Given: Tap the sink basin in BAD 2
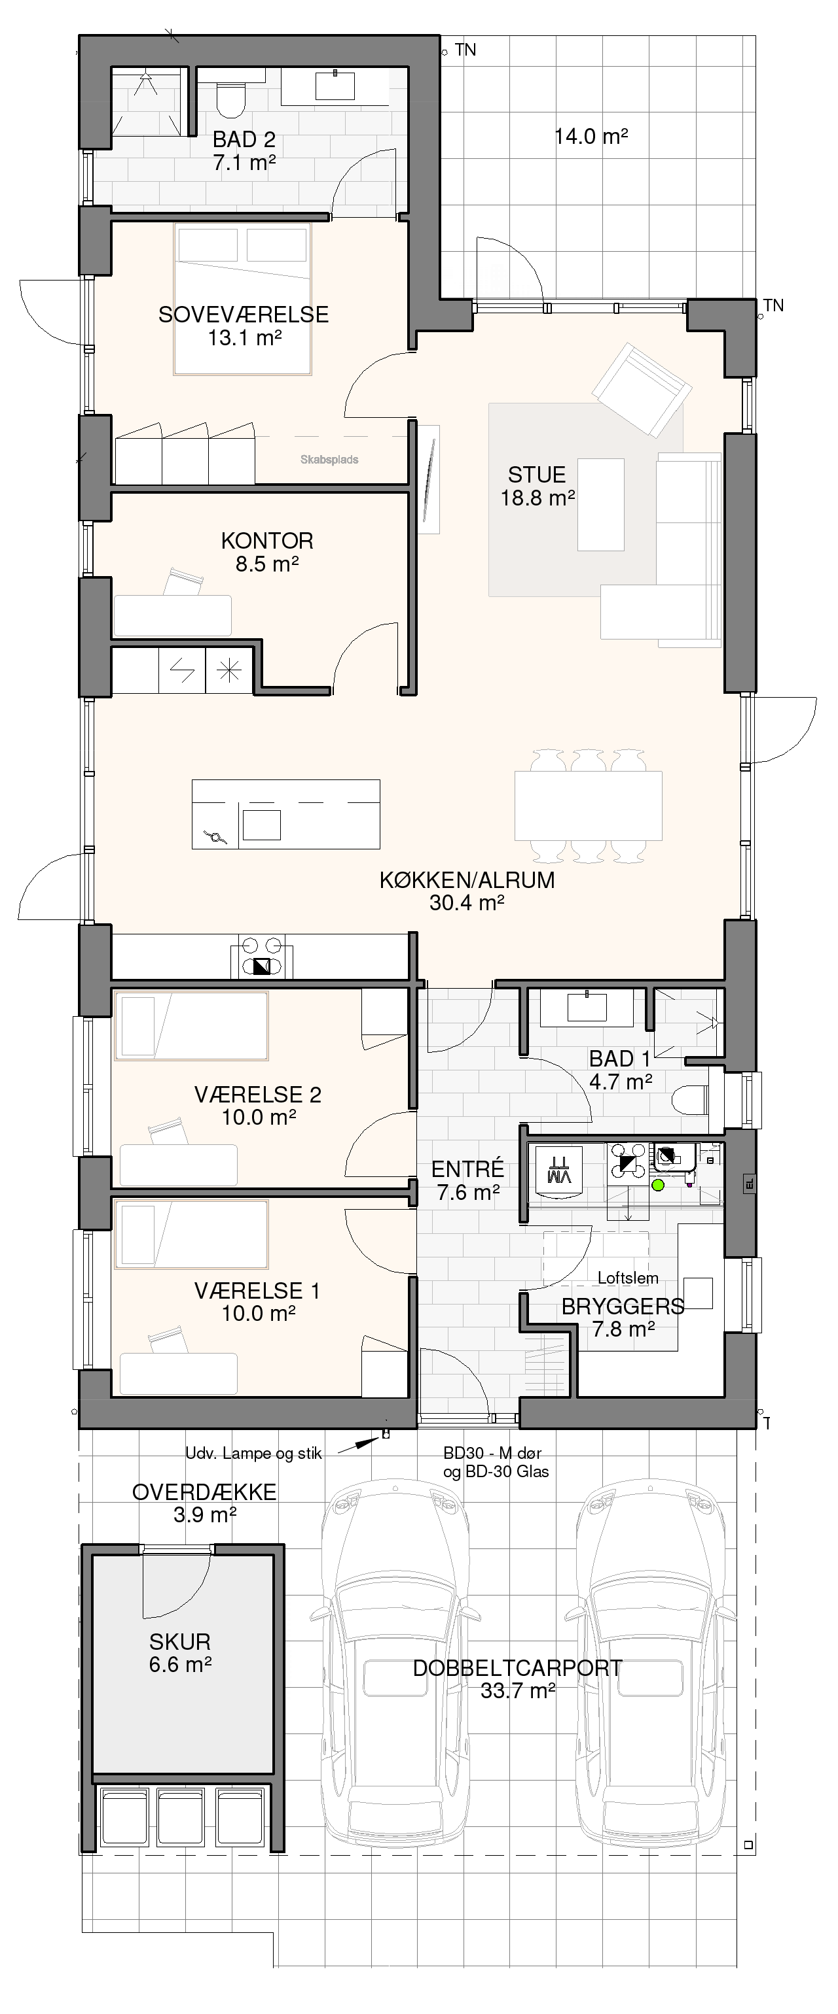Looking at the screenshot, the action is [335, 85].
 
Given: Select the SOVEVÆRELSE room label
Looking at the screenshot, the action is [244, 315].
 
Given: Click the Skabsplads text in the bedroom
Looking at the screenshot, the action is [329, 460].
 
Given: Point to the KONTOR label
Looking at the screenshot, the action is [267, 540].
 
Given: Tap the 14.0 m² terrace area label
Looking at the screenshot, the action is [592, 137].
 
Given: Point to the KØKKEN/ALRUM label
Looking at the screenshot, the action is [467, 879].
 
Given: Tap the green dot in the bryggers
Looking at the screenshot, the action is [657, 1186].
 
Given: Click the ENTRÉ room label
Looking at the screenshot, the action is [467, 1169].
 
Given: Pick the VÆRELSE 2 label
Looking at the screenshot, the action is [257, 1095].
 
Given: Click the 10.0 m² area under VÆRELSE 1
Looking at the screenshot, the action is [258, 1314].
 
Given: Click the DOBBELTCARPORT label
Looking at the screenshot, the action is [517, 1667].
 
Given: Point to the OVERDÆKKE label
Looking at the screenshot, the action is [204, 1492].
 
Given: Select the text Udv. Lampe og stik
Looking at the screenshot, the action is [253, 1454].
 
